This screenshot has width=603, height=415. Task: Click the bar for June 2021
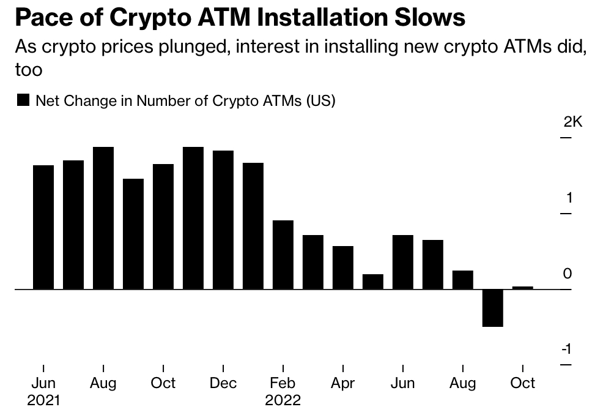pyautogui.click(x=43, y=227)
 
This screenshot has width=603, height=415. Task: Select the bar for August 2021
pyautogui.click(x=103, y=218)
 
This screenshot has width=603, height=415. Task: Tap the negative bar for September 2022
pyautogui.click(x=492, y=308)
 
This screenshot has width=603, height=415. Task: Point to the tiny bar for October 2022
pyautogui.click(x=522, y=287)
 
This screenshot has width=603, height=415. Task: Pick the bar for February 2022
pyautogui.click(x=283, y=255)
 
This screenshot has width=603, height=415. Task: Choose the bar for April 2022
pyautogui.click(x=342, y=267)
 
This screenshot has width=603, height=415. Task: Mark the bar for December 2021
pyautogui.click(x=223, y=220)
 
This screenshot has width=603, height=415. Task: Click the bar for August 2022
pyautogui.click(x=462, y=280)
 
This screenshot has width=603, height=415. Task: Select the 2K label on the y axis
pyautogui.click(x=573, y=122)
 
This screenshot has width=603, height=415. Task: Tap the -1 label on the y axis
pyautogui.click(x=567, y=349)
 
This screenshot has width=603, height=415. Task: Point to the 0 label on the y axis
pyautogui.click(x=568, y=274)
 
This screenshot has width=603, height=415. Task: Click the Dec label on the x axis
pyautogui.click(x=223, y=383)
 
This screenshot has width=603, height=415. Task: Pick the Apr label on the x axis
pyautogui.click(x=342, y=383)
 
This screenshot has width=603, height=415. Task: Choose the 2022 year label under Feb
pyautogui.click(x=283, y=400)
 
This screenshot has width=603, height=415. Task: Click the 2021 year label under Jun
pyautogui.click(x=43, y=400)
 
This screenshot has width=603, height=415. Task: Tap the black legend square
pyautogui.click(x=23, y=101)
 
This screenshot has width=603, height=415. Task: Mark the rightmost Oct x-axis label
pyautogui.click(x=522, y=383)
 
